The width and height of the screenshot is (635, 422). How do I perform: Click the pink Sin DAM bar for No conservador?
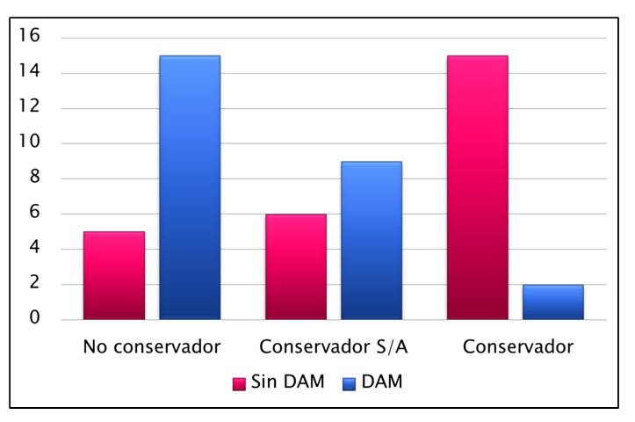tap(114, 275)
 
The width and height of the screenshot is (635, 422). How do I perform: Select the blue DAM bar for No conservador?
tap(190, 187)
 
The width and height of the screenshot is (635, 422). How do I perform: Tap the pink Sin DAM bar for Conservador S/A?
tap(295, 266)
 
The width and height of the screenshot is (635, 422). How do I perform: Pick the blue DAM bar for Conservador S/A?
tap(372, 240)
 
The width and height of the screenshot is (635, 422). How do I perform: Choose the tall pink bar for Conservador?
tap(477, 187)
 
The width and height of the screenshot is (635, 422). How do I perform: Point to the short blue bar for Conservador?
tap(552, 302)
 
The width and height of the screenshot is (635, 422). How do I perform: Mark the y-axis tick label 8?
tap(35, 178)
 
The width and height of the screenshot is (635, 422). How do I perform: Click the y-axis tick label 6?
tap(35, 213)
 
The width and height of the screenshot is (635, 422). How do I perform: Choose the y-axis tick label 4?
tap(35, 248)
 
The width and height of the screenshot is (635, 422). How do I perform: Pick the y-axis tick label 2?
tap(35, 283)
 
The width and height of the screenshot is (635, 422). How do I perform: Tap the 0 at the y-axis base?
tap(35, 318)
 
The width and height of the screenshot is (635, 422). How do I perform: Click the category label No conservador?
tap(152, 347)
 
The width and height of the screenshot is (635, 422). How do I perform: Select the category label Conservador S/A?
tap(334, 347)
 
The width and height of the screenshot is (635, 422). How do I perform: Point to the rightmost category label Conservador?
tap(517, 347)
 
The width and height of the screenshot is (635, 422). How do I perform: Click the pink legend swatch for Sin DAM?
tap(238, 383)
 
